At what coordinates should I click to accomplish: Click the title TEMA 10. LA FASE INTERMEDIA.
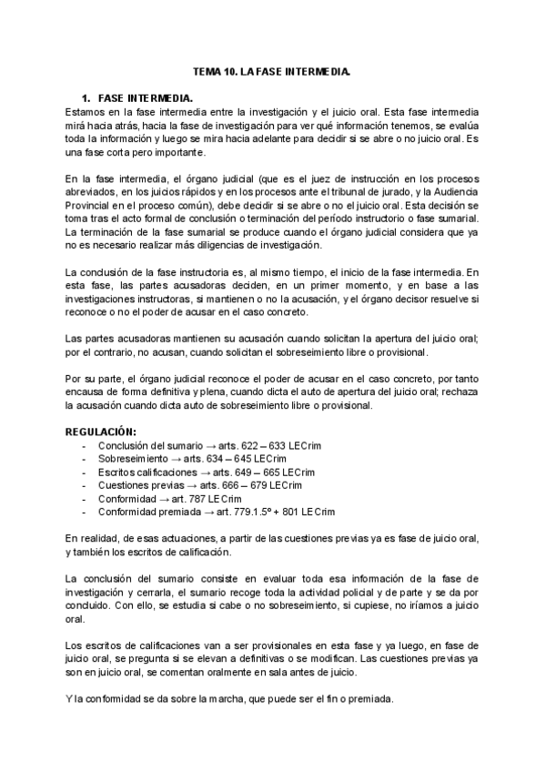pyautogui.click(x=272, y=70)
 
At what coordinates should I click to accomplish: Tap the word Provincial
pyautogui.click(x=90, y=206)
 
